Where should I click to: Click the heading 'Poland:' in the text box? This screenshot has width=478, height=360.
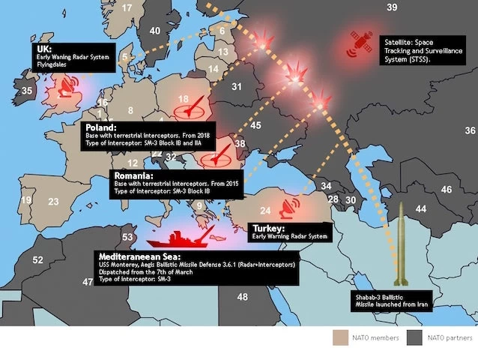click(x=101, y=127)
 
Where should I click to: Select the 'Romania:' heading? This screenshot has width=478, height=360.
click(x=133, y=175)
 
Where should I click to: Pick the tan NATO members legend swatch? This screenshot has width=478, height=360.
click(x=339, y=339)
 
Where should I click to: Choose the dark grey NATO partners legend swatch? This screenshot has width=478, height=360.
click(x=413, y=339)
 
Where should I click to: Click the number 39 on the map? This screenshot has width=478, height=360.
click(x=391, y=7)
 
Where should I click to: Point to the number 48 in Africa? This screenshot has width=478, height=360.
click(x=242, y=297)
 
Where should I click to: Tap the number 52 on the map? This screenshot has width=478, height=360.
click(x=37, y=259)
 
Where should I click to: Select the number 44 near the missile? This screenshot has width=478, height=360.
click(x=420, y=208)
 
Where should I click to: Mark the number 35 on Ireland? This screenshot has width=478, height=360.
click(x=27, y=90)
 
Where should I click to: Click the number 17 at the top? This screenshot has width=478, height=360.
click(x=127, y=8)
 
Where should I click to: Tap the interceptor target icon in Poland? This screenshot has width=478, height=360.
click(x=190, y=107)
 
